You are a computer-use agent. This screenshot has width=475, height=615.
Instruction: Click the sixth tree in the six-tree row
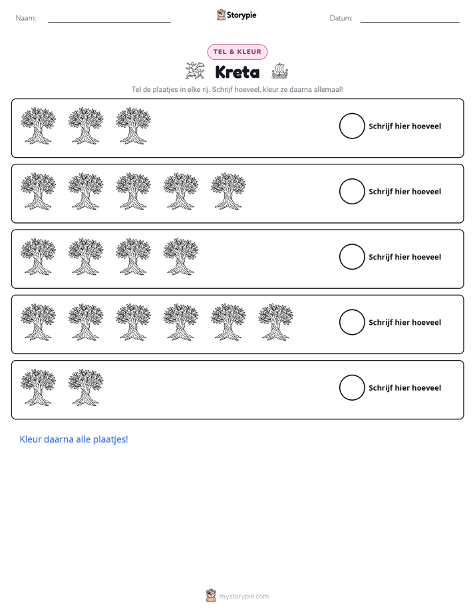point(275,321)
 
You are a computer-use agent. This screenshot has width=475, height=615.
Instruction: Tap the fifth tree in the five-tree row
point(228,191)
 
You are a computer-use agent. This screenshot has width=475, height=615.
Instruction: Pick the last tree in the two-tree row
point(85,387)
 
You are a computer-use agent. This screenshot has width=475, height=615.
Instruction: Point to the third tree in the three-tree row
point(133,126)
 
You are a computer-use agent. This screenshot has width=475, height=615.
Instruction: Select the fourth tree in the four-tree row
point(181,256)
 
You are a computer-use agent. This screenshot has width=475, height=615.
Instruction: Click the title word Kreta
point(237,72)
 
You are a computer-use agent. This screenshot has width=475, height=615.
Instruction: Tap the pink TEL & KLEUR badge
point(237,52)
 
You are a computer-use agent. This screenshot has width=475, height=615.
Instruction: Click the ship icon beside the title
point(279,71)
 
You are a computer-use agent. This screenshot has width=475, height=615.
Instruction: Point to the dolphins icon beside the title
point(195,71)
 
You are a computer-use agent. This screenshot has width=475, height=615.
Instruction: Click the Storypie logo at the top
point(237,15)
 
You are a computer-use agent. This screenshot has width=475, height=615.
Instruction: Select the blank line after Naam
point(109,22)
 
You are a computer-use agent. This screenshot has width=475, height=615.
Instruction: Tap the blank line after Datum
point(410,22)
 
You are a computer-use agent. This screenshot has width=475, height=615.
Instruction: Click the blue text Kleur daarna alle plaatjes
point(74,439)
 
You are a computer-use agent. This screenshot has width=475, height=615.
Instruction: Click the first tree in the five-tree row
point(38,191)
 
